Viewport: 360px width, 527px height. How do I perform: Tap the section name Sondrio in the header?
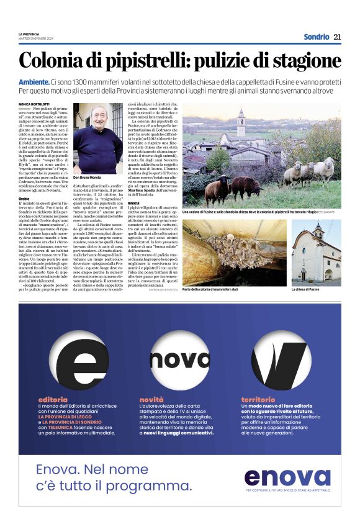coord(316,37)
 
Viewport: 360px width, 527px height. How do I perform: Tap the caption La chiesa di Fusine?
coord(305,289)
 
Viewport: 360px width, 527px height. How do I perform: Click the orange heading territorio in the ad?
coord(258,399)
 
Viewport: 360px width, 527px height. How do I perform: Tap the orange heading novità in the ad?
coord(152,399)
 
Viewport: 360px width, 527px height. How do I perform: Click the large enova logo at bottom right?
coord(287,477)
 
